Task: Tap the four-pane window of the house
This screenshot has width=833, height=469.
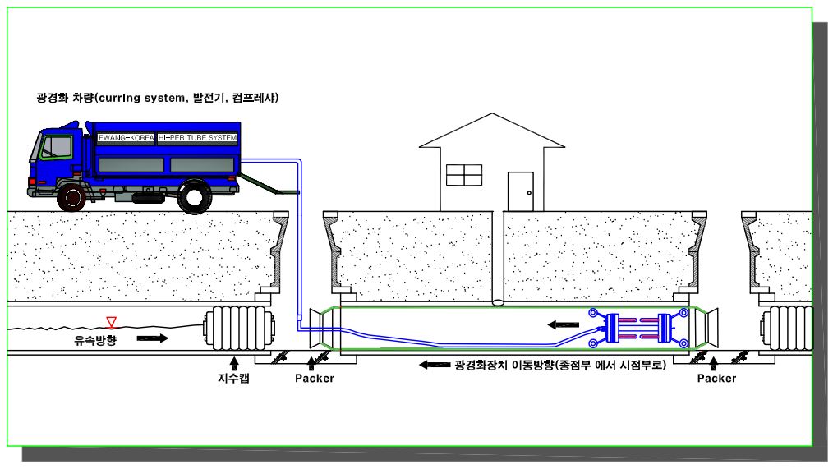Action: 464,175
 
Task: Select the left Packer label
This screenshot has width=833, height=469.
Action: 314,379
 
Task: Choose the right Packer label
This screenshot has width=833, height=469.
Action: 716,379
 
